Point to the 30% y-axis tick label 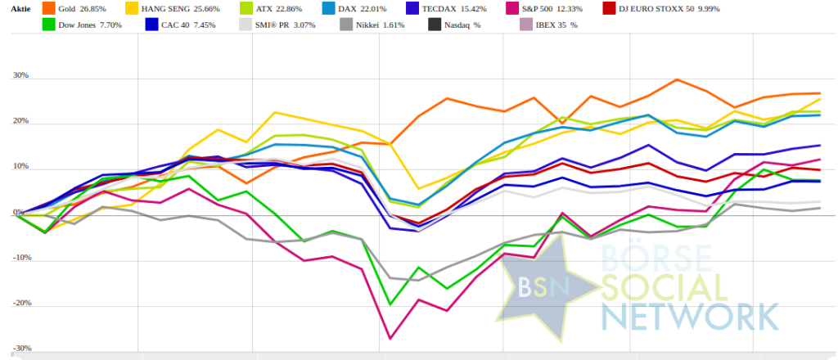(x=20, y=76)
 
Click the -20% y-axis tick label (x=20, y=303)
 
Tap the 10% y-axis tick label (x=20, y=167)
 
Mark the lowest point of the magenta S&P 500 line (x=390, y=338)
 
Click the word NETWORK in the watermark (x=688, y=315)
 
